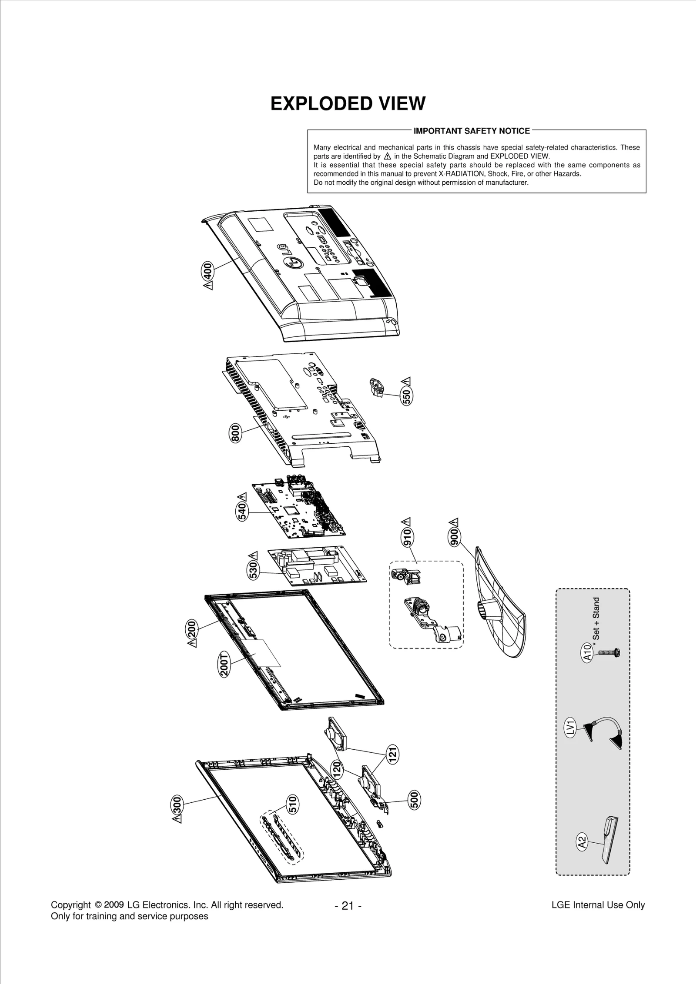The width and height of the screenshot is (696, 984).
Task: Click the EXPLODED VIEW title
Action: (348, 104)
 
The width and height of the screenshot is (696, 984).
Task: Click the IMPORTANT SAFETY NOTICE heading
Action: (472, 131)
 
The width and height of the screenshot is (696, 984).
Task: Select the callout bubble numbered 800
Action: (235, 433)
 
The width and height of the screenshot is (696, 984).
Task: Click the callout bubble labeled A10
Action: (587, 653)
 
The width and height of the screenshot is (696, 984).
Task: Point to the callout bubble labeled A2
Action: (582, 843)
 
